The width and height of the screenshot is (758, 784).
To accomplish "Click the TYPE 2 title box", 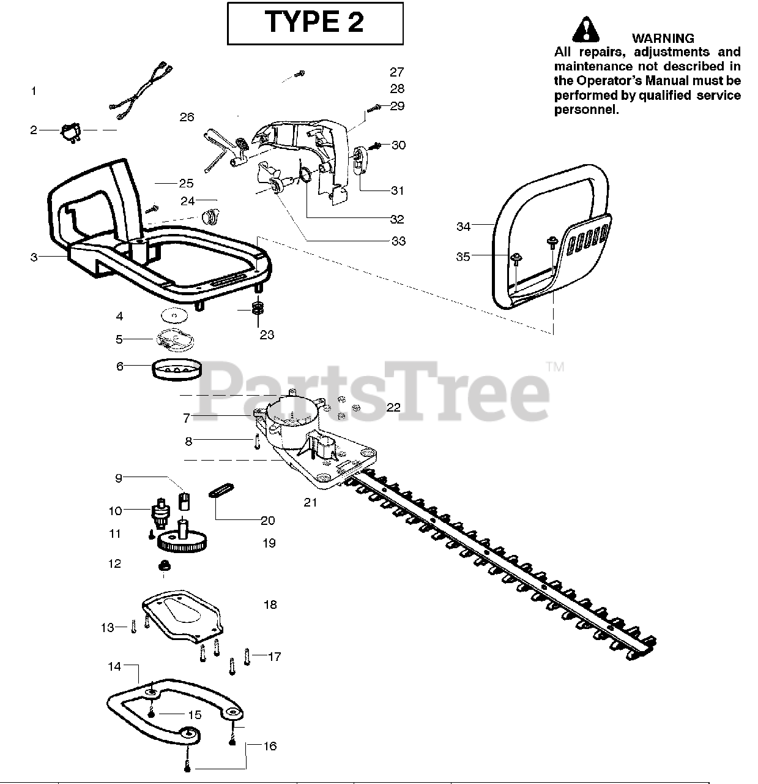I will (x=315, y=23).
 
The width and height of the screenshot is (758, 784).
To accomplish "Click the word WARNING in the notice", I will (x=663, y=39).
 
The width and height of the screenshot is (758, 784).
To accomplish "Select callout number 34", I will (x=463, y=227).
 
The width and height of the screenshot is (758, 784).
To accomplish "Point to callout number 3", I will (x=34, y=257).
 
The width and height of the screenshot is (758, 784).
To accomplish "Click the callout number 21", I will (x=311, y=502).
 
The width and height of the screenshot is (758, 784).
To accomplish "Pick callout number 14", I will (x=114, y=666).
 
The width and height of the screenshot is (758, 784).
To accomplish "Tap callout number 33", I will (x=398, y=241).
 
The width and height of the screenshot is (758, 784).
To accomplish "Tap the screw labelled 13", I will (x=133, y=627).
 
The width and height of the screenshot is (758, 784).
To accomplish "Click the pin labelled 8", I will (x=258, y=442).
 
